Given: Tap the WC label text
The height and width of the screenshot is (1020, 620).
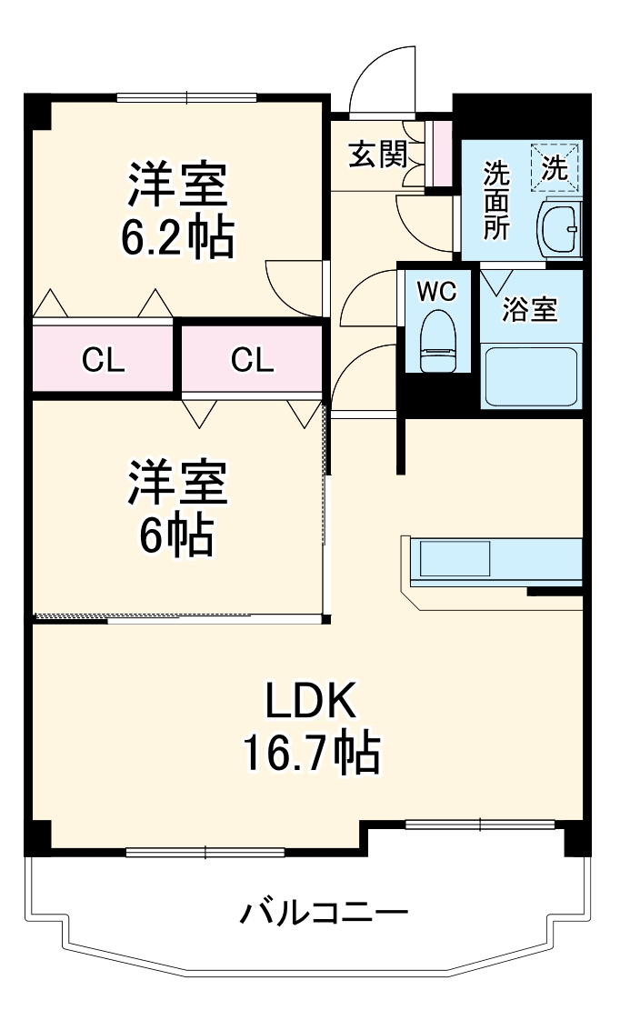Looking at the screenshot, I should point(435,292).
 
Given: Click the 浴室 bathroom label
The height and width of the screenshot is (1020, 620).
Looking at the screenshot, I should point(530,310).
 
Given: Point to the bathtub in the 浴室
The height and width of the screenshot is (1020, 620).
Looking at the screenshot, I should point(530,375).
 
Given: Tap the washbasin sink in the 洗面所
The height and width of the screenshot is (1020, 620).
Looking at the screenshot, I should point(557,230).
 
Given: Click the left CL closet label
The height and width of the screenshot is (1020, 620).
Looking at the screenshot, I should point(103,361).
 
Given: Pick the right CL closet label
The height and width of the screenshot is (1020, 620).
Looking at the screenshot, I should point(252,361).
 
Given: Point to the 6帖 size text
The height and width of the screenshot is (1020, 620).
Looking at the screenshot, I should point(176,535).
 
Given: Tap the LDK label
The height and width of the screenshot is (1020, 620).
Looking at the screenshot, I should point(309,701).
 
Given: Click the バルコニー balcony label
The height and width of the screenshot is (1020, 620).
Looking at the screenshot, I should point(323,911).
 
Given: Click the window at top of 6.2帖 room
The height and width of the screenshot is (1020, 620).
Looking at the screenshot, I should point(187,97).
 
